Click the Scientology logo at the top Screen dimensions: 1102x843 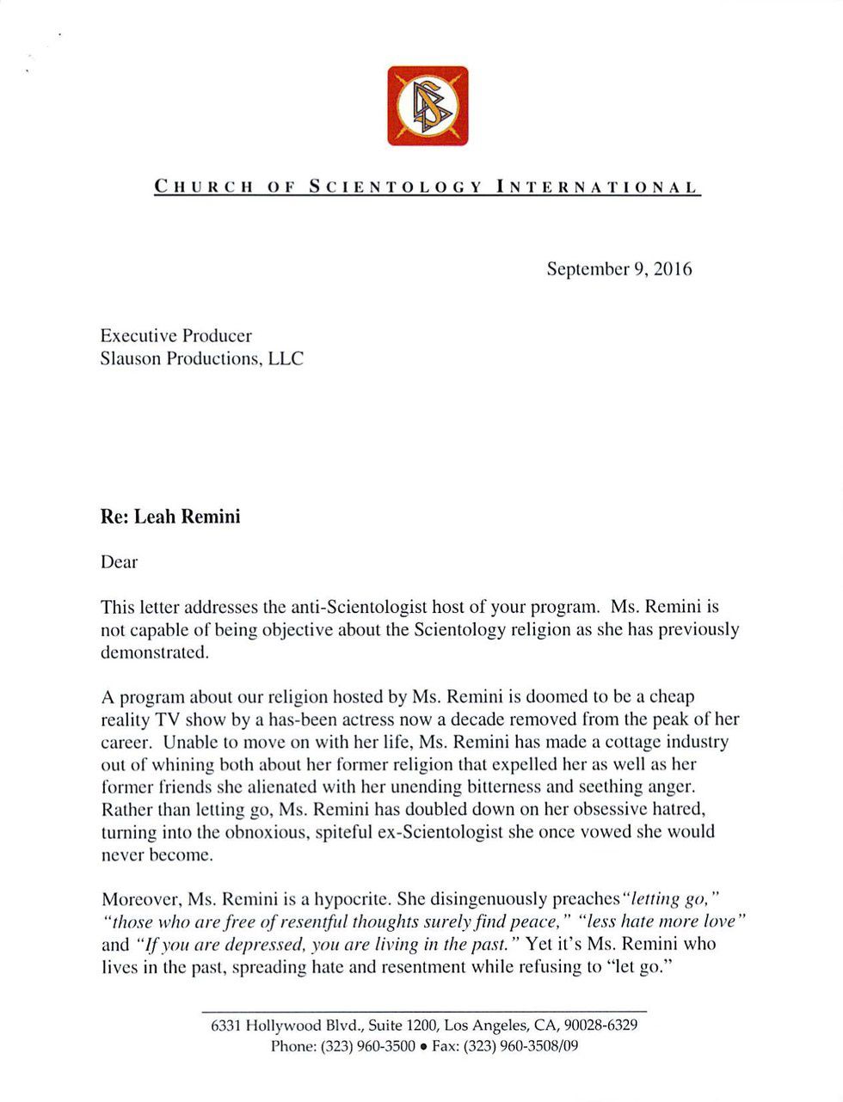point(428,106)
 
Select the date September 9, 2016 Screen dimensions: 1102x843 point(619,269)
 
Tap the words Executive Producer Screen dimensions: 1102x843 point(176,335)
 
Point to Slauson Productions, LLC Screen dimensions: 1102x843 point(202,358)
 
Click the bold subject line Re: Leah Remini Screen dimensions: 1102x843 point(170,517)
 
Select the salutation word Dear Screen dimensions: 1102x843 point(120,562)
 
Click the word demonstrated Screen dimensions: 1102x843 point(155,652)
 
